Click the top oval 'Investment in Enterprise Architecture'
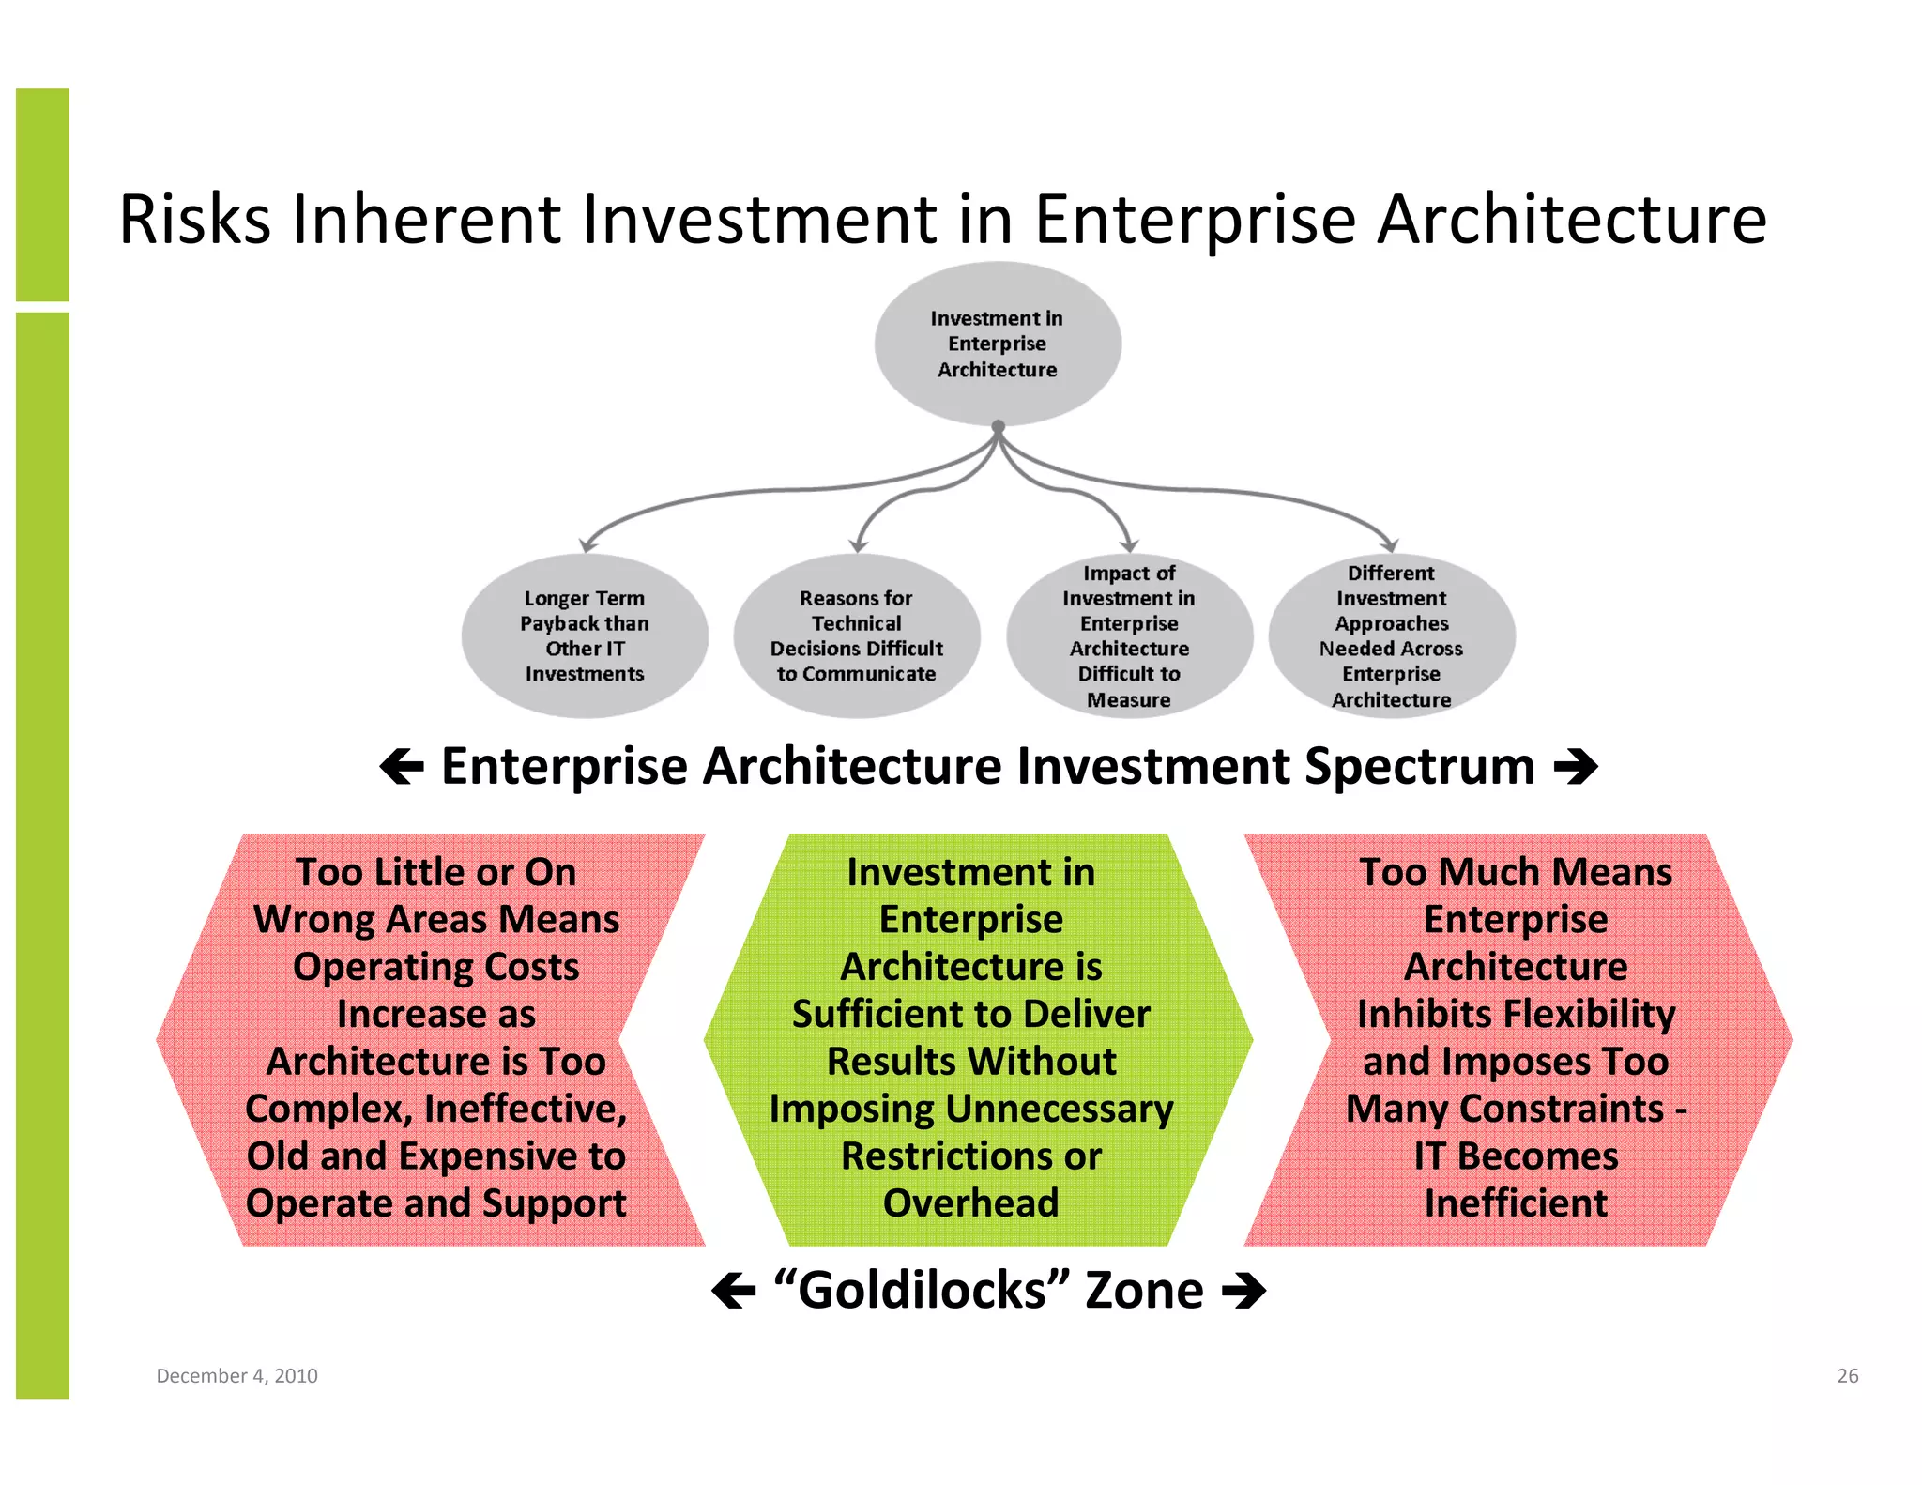[x=998, y=344]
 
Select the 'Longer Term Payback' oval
[x=585, y=635]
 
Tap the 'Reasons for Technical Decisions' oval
[x=856, y=635]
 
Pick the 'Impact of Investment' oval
[x=1129, y=635]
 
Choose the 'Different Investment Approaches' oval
[x=1391, y=635]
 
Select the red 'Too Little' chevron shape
[x=435, y=1038]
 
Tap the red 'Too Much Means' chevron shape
[x=1516, y=1038]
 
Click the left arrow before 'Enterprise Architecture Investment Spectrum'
[x=402, y=767]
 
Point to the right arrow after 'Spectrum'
[x=1576, y=767]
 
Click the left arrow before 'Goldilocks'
[x=734, y=1291]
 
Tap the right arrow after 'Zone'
[x=1243, y=1291]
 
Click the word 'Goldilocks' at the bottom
[x=922, y=1291]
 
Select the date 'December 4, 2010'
[x=236, y=1375]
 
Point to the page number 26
[x=1847, y=1375]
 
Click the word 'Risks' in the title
[x=195, y=220]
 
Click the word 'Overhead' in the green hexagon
[x=970, y=1203]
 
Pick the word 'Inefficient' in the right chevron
[x=1516, y=1203]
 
